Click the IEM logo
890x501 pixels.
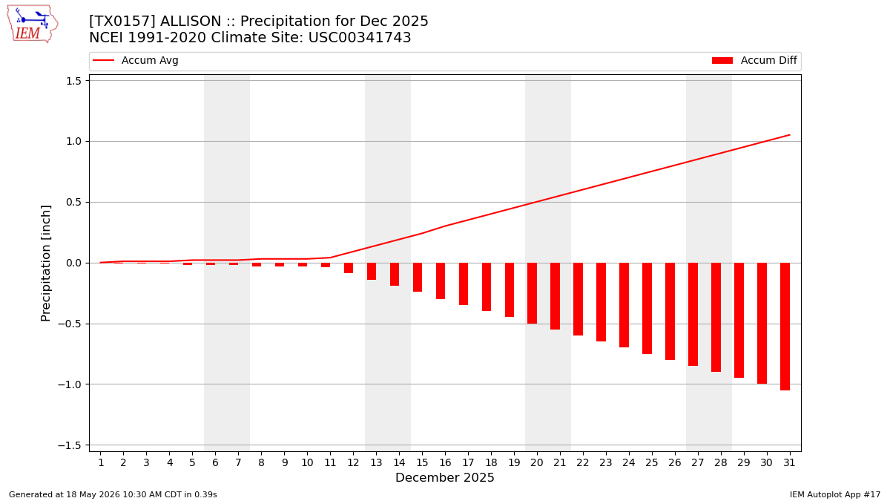(33, 24)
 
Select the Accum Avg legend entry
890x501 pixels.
(136, 60)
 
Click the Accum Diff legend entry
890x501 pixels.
(754, 60)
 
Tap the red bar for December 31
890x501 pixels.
(785, 327)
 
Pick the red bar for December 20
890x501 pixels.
(532, 293)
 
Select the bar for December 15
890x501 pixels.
(417, 277)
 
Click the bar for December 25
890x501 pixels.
(647, 308)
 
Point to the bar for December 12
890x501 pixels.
(349, 268)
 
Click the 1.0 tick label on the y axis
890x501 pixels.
(73, 142)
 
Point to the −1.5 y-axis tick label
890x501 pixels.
(69, 445)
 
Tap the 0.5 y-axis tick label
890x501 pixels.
(73, 203)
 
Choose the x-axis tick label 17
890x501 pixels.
(468, 463)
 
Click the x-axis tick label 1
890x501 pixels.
(101, 463)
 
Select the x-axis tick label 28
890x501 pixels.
(720, 463)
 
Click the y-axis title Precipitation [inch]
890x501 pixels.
(46, 263)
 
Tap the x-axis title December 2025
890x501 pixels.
(444, 477)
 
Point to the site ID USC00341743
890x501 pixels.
(360, 37)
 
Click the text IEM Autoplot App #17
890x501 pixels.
(835, 494)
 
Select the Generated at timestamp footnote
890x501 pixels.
(113, 494)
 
